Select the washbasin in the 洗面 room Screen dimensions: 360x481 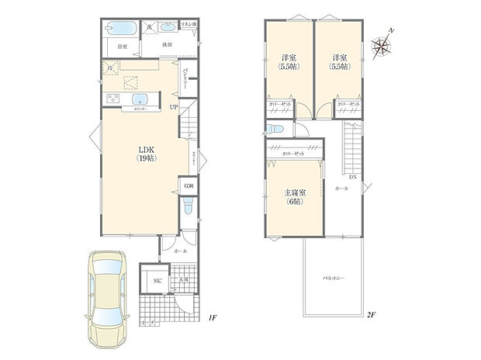(165, 29)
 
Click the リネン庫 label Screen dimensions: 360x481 (189, 26)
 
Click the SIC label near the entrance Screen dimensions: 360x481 (156, 281)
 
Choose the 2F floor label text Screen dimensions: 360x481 (372, 315)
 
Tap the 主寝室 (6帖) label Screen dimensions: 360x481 (292, 197)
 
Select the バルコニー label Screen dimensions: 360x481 (334, 277)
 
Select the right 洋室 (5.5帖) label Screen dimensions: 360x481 (338, 62)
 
